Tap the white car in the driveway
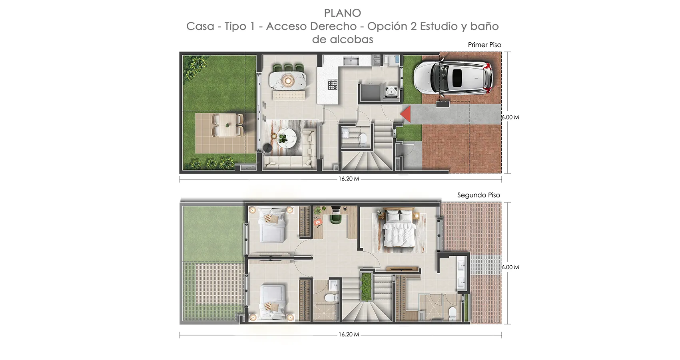coord(453,78)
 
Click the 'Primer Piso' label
coord(485,45)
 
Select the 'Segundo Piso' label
coord(479,195)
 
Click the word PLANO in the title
coord(343,13)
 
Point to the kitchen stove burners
coord(333,84)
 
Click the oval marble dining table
coord(288,80)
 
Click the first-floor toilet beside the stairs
coord(363,138)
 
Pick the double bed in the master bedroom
coord(399,229)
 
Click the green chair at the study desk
coord(336,218)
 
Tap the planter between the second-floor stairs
coord(366,286)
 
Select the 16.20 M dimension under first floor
coord(349,179)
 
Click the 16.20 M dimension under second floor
coord(349,334)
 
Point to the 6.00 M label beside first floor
coord(510,117)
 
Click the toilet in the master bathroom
coord(452,314)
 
